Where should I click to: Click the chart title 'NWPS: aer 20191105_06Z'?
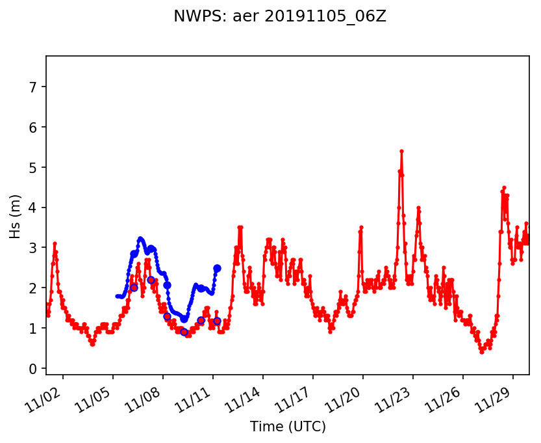click(280, 17)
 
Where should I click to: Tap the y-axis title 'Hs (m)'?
click(16, 215)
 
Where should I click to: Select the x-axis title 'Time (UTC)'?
click(288, 427)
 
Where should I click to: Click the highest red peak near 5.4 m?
click(401, 151)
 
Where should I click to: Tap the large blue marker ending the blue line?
click(217, 268)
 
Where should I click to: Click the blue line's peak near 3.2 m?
click(140, 239)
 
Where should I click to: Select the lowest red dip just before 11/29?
click(482, 352)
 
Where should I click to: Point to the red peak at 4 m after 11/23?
click(418, 208)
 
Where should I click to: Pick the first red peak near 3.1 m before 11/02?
click(55, 244)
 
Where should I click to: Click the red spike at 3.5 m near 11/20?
click(361, 228)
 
